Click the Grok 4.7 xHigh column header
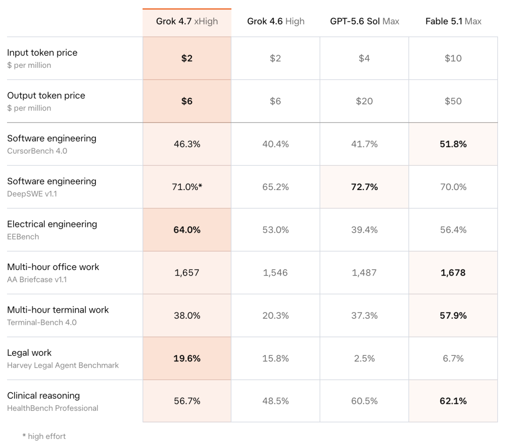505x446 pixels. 187,21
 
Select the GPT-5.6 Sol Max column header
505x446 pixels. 365,21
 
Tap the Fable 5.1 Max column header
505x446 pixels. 453,21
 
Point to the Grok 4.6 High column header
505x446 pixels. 276,21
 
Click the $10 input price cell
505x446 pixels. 453,58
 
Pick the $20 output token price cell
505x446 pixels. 364,101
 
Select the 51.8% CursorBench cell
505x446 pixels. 453,144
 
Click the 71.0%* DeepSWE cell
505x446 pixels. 187,187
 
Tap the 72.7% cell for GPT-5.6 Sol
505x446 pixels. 364,187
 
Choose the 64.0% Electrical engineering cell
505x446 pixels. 187,230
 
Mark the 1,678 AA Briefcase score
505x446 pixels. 453,273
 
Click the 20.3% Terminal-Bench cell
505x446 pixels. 275,315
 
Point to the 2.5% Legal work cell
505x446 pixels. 364,358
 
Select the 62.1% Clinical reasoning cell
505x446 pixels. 453,401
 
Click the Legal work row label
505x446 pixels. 29,353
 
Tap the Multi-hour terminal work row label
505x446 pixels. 58,310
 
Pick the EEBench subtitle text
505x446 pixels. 23,237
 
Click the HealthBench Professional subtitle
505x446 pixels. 53,408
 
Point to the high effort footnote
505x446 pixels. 44,436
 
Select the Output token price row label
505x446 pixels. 46,96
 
